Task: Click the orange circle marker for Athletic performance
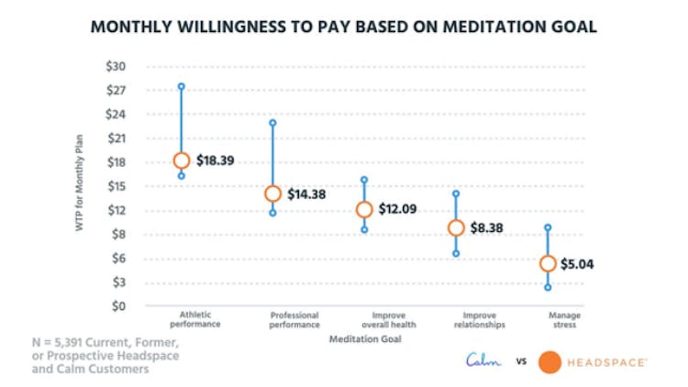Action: pyautogui.click(x=181, y=160)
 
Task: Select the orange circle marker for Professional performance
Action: pyautogui.click(x=272, y=193)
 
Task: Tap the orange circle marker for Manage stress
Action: pyautogui.click(x=548, y=263)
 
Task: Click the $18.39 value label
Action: pyautogui.click(x=216, y=160)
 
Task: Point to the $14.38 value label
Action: pyautogui.click(x=307, y=193)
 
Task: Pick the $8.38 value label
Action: pyautogui.click(x=488, y=228)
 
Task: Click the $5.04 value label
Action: pyautogui.click(x=580, y=263)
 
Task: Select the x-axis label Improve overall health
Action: pyautogui.click(x=364, y=320)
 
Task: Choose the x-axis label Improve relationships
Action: pyautogui.click(x=456, y=320)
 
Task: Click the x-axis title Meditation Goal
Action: pyautogui.click(x=364, y=339)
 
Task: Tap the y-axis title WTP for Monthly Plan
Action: pyautogui.click(x=82, y=186)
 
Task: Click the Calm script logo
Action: pyautogui.click(x=483, y=361)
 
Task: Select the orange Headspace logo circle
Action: pyautogui.click(x=550, y=362)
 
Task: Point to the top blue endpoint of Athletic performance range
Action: pyautogui.click(x=181, y=86)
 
